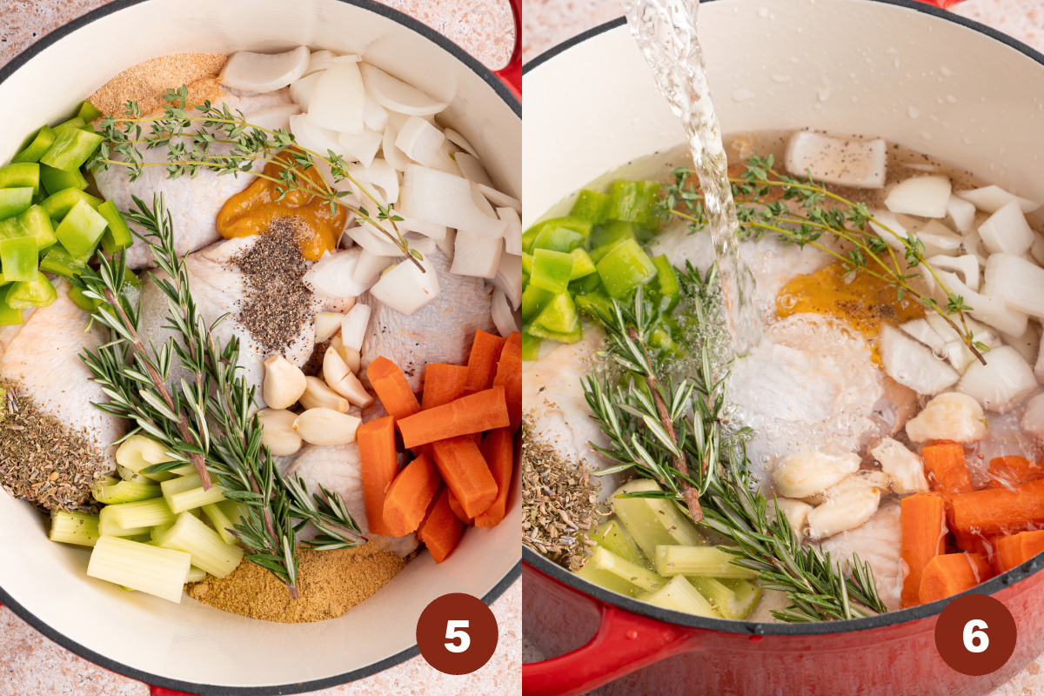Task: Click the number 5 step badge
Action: pyautogui.click(x=457, y=633)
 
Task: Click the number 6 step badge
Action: pyautogui.click(x=975, y=634)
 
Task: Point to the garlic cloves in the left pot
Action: pyautogui.click(x=313, y=400)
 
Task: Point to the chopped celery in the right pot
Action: pyautogui.click(x=661, y=557)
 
